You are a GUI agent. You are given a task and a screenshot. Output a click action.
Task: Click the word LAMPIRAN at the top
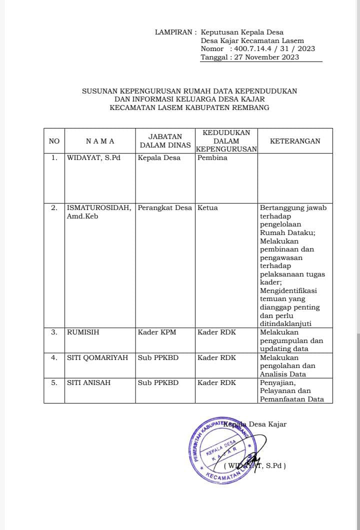[x=173, y=32]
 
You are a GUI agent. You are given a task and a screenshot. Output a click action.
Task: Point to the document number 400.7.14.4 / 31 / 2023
[x=274, y=49]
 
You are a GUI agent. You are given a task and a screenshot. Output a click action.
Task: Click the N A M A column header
[x=100, y=141]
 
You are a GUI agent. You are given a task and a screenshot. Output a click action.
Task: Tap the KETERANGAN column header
[x=295, y=141]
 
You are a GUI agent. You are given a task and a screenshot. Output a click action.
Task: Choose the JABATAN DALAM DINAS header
[x=165, y=141]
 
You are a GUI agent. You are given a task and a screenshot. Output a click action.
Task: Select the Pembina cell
[x=212, y=158]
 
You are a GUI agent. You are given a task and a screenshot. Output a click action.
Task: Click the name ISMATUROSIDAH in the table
[x=99, y=208]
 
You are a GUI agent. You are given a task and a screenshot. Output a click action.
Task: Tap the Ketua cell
[x=208, y=208]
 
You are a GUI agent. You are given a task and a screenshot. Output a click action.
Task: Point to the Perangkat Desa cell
[x=165, y=208]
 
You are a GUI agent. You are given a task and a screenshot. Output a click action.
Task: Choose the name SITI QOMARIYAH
[x=97, y=358]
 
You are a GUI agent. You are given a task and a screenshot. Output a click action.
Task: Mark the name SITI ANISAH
[x=89, y=383]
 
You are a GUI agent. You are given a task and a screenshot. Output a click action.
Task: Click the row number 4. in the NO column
[x=54, y=358]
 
